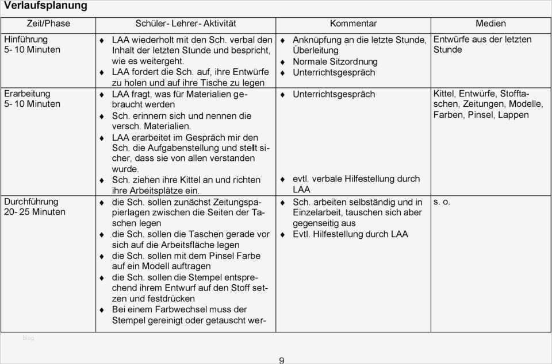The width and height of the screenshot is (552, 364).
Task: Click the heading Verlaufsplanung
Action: click(45, 6)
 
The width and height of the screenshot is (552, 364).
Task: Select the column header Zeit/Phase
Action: click(48, 24)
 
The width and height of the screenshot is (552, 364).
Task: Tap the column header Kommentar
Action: click(353, 24)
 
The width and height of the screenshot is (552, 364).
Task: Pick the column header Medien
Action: click(490, 24)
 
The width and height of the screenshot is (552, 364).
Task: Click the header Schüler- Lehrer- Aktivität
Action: click(186, 24)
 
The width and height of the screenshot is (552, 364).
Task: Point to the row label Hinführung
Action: click(26, 40)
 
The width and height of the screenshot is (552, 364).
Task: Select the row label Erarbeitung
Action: click(27, 94)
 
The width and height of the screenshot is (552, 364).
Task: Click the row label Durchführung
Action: click(31, 202)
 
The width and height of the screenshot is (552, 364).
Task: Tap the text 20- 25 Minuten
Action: click(34, 212)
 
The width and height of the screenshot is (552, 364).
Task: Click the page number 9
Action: click(281, 360)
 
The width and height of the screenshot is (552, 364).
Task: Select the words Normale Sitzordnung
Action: click(335, 61)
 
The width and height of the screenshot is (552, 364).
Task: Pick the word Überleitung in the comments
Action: click(316, 51)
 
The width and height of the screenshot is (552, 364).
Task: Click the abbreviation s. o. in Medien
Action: click(442, 202)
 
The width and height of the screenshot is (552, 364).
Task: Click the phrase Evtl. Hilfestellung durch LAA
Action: click(350, 234)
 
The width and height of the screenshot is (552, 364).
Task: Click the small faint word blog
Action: click(28, 338)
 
